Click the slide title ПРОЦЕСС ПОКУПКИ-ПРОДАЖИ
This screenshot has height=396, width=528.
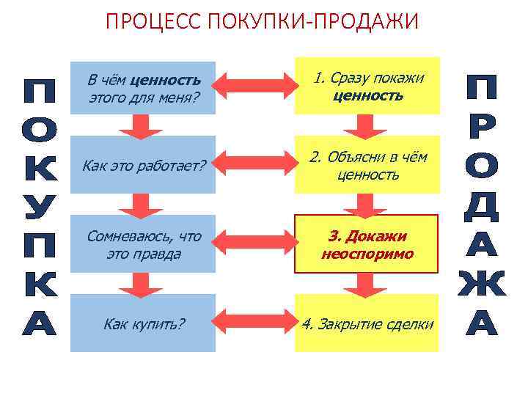pos(263,21)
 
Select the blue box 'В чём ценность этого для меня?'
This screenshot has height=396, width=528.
pos(143,87)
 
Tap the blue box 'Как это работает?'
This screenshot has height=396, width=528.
pos(143,166)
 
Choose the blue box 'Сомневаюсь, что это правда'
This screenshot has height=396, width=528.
pos(143,244)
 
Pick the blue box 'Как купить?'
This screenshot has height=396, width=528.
pos(143,323)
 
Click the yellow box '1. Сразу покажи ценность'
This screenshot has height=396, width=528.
pos(367,86)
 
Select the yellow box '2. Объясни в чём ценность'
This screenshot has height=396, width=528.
pos(367,166)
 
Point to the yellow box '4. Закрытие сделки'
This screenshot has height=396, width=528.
pos(367,323)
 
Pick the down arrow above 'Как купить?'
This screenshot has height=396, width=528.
pos(144,283)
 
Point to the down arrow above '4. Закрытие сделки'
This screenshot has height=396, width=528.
pos(366,285)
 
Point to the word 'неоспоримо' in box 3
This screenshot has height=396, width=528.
pos(367,254)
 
